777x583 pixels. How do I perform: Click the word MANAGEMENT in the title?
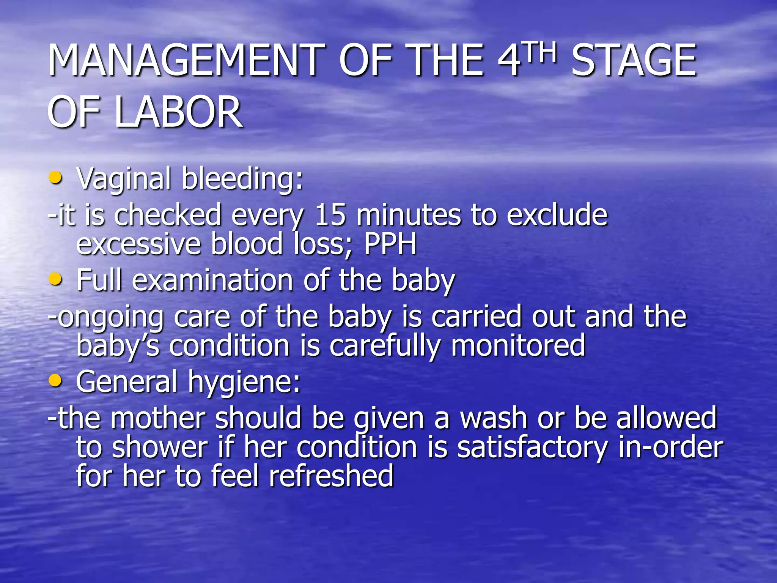click(x=186, y=60)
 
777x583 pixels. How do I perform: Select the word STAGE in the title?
click(x=634, y=60)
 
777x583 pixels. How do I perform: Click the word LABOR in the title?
click(x=178, y=112)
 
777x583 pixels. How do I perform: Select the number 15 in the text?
click(x=330, y=215)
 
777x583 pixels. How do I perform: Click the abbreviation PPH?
click(x=390, y=244)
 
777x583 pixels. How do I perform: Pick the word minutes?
click(x=409, y=215)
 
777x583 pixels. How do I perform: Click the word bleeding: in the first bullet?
click(x=242, y=178)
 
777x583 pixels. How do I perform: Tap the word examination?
click(x=212, y=280)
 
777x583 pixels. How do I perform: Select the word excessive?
click(x=138, y=244)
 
